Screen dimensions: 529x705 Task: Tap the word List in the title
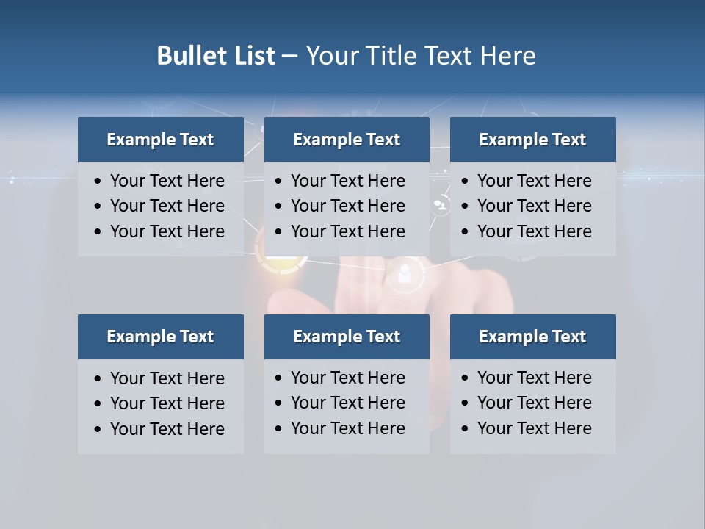(x=253, y=56)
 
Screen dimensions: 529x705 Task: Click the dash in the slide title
(x=290, y=56)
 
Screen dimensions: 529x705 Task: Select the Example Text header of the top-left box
(x=160, y=140)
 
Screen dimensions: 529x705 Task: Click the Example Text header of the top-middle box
(x=347, y=140)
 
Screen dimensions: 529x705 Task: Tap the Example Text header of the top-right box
(x=532, y=140)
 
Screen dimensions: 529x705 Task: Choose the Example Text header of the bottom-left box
(x=160, y=337)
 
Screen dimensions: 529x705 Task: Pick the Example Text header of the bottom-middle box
(x=347, y=337)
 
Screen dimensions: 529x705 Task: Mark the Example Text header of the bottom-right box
(x=532, y=337)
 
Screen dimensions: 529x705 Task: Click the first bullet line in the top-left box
(x=167, y=181)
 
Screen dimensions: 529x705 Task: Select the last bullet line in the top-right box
(x=534, y=231)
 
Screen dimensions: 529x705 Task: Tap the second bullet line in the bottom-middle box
(x=347, y=403)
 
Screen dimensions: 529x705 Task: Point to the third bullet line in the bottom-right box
(x=534, y=428)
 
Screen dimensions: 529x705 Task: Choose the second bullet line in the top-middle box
(x=347, y=206)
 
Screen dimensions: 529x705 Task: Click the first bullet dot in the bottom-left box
(x=98, y=379)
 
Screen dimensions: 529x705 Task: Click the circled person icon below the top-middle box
(x=404, y=273)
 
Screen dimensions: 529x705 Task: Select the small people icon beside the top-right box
(x=441, y=206)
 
